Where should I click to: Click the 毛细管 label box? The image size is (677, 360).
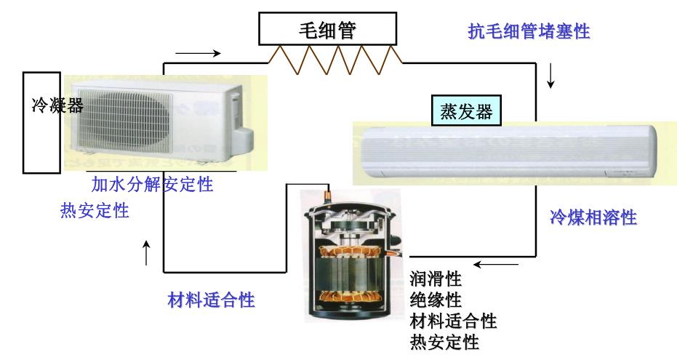click(x=330, y=30)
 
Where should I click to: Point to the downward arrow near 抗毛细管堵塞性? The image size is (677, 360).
click(x=550, y=75)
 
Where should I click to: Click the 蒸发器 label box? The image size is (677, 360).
click(x=466, y=111)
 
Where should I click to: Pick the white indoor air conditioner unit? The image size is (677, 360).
click(x=505, y=152)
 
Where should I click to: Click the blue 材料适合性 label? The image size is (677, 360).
click(x=211, y=299)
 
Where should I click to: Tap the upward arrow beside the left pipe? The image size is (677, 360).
click(x=147, y=253)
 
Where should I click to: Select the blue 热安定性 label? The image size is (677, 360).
click(x=95, y=211)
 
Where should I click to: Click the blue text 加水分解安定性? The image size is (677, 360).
click(x=151, y=184)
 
